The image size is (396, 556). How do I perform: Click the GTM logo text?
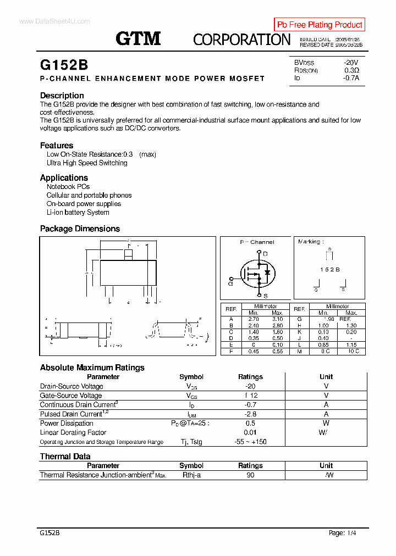tap(138, 38)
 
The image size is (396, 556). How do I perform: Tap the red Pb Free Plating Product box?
tap(320, 25)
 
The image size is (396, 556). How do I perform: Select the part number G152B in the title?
tap(64, 65)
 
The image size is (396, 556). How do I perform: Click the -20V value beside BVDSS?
tap(350, 62)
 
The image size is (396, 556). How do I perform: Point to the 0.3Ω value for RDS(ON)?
tap(351, 70)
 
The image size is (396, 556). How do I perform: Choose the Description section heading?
tap(62, 96)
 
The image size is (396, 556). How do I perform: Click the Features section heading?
tap(57, 146)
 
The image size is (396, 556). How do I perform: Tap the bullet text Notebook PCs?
tap(68, 187)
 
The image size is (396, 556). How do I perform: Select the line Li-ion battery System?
tap(78, 213)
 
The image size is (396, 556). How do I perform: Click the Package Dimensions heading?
tap(80, 229)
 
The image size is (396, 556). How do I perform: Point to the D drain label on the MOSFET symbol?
tap(265, 253)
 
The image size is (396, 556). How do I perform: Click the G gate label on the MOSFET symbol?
tap(230, 283)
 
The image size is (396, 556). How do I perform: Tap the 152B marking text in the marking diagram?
tap(330, 269)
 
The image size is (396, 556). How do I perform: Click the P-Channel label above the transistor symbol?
tap(257, 242)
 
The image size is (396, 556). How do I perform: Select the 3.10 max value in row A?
tap(277, 319)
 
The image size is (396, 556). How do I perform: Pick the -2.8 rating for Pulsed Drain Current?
tap(250, 414)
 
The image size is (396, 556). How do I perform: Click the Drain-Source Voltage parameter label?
tap(71, 386)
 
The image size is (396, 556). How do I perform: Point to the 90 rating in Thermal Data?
tap(250, 475)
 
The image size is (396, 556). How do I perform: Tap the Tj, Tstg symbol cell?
tap(191, 442)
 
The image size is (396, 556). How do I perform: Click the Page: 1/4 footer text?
tap(342, 533)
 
